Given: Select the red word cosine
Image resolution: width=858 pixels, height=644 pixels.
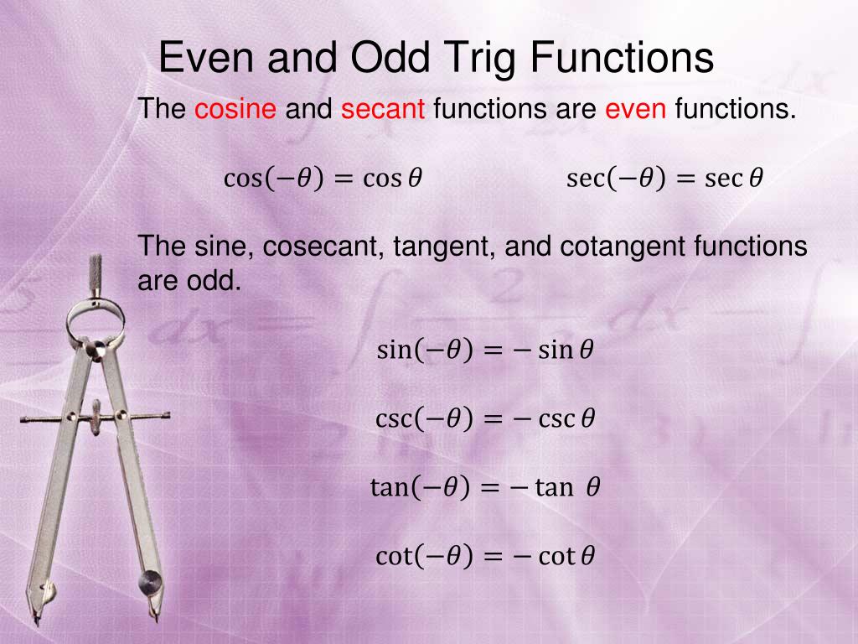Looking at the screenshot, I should click(x=235, y=109).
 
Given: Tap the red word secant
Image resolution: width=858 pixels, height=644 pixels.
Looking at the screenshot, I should click(x=383, y=109).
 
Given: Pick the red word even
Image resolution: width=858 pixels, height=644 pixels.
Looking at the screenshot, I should click(x=635, y=109).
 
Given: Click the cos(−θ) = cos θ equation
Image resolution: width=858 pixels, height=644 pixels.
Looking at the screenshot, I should click(x=323, y=179).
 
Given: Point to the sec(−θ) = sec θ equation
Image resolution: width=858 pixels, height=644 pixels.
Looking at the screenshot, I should click(x=664, y=179).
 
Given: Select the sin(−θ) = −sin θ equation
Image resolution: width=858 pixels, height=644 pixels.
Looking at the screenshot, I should click(x=484, y=350).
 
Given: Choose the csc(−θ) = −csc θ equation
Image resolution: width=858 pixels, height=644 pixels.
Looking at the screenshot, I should click(x=484, y=418).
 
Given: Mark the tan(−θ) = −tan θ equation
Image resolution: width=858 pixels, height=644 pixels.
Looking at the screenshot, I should click(x=484, y=486).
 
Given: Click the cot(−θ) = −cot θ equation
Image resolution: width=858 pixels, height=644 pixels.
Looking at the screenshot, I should click(x=484, y=555).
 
